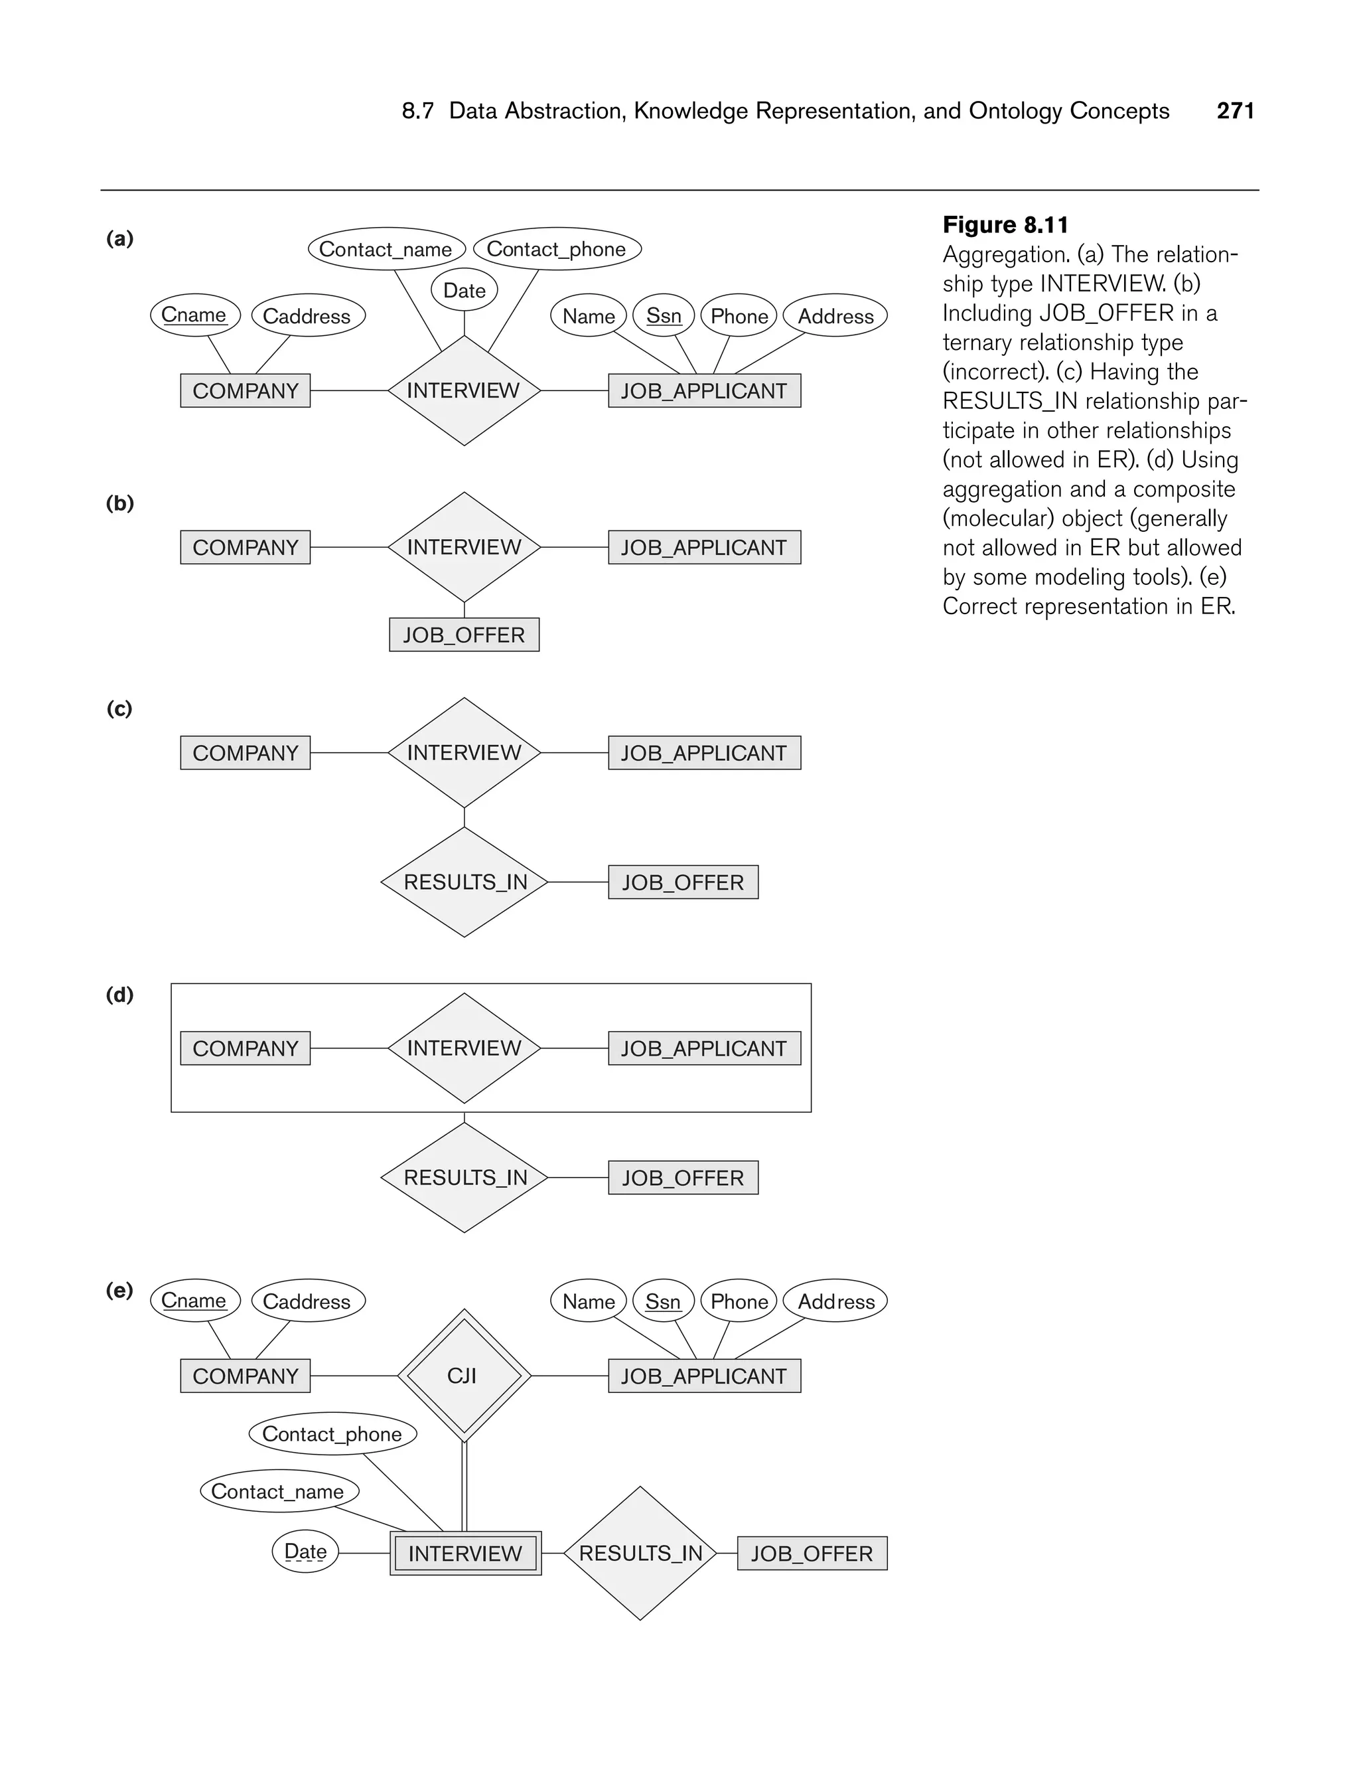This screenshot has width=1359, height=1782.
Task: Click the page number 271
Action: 1235,111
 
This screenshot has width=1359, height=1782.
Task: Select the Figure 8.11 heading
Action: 1005,225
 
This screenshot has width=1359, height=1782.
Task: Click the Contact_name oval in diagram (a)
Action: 386,249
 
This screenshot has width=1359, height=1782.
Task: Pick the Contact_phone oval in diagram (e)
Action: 332,1434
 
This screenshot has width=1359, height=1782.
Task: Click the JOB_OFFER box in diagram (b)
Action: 465,635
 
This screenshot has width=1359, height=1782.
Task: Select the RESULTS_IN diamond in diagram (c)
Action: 465,882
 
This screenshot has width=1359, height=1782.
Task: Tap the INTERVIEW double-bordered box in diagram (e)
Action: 465,1554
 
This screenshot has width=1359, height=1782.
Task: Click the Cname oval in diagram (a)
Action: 195,315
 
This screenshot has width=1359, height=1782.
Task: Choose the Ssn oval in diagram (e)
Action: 664,1301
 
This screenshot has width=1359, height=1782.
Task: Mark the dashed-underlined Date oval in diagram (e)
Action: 306,1552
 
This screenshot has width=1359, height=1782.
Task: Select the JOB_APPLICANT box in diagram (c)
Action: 704,754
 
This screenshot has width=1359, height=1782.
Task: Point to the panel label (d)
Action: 119,995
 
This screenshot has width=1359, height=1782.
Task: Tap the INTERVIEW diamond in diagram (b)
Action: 465,548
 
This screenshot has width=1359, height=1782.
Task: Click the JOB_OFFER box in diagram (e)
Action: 812,1554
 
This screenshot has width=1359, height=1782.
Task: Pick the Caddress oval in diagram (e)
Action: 307,1301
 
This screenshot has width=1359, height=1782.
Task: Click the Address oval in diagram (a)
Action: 835,315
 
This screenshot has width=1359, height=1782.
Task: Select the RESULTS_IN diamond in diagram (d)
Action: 465,1177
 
